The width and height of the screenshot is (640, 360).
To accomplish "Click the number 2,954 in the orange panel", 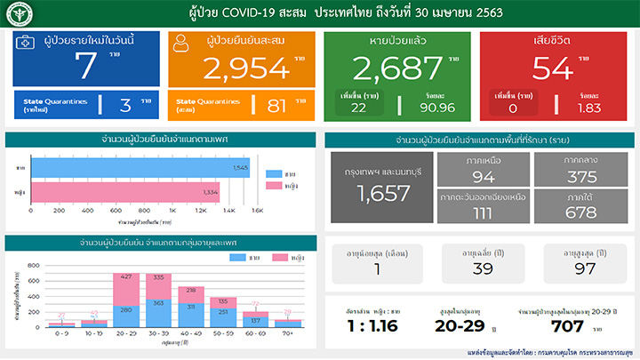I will pos(246,68).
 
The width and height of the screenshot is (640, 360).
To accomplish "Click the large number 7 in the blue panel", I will pos(86,68).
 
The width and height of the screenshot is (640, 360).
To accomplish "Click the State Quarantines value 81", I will pos(276,106).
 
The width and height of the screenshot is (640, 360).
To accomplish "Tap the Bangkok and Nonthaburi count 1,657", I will pos(383,193).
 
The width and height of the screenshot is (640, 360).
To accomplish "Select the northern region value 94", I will pos(484,176).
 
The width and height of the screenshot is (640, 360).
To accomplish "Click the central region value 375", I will pos(581,176).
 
